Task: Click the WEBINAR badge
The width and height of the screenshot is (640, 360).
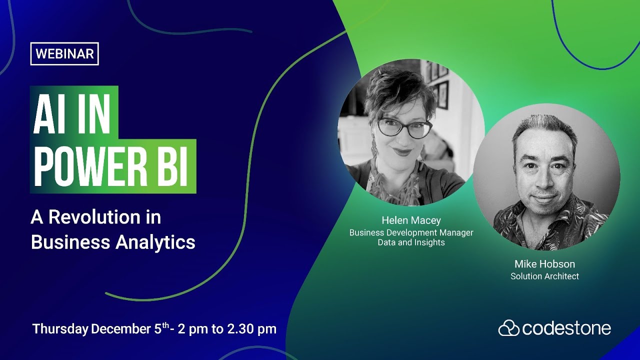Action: pos(64,54)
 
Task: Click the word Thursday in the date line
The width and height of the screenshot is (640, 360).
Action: pos(60,329)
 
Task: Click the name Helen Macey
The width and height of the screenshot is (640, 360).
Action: pos(411,220)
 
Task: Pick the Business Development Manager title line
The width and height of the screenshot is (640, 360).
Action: pos(411,232)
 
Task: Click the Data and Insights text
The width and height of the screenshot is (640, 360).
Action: pos(411,242)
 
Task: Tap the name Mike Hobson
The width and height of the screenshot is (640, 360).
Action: pos(544,264)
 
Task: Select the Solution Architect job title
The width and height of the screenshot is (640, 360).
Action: pos(544,276)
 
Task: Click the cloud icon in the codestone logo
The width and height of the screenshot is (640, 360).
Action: pos(509,328)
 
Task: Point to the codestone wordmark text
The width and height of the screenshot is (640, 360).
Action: pos(566,328)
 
